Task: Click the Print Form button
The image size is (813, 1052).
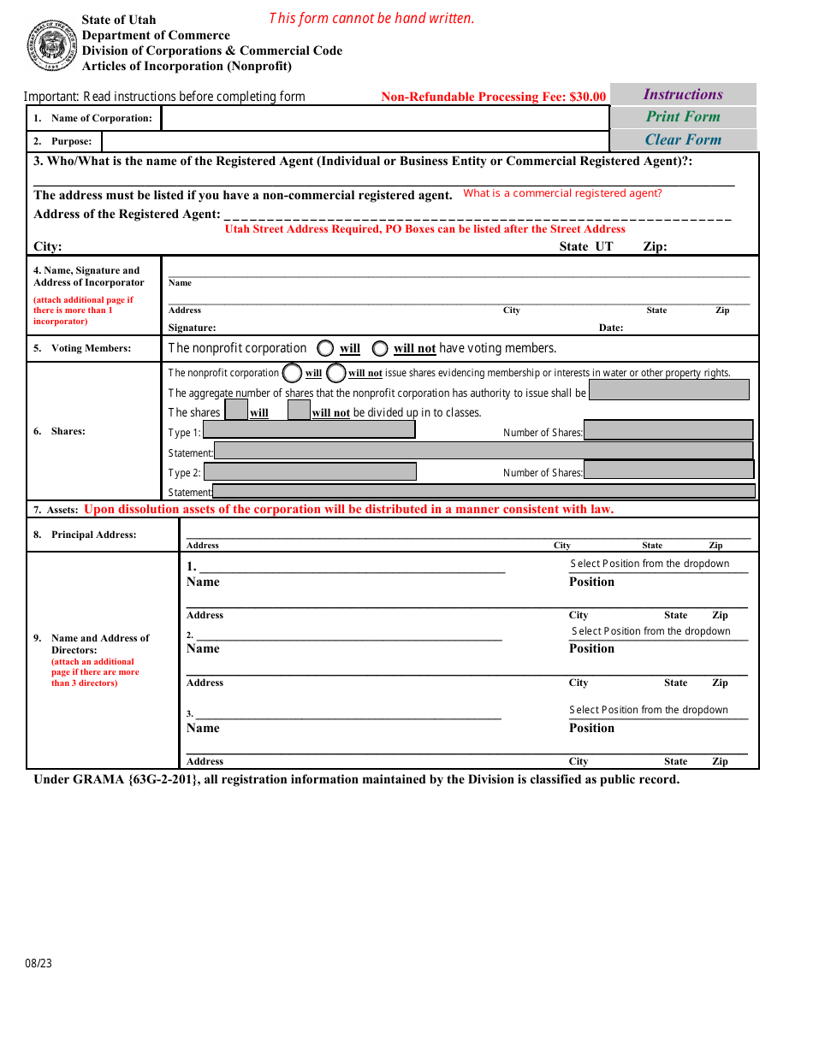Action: (683, 117)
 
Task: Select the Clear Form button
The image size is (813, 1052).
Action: (683, 140)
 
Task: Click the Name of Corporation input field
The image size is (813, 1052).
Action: (384, 118)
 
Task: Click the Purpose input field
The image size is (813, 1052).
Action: (354, 141)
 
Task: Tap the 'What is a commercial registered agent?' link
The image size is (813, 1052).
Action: (562, 193)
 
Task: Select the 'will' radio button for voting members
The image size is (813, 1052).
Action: (325, 348)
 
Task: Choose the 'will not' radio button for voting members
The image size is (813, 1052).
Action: (379, 348)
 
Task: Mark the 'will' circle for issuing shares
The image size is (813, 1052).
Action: (292, 373)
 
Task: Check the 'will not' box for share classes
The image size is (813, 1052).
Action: (299, 411)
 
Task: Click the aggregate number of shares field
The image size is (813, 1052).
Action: (668, 391)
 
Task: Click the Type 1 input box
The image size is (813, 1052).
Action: (309, 430)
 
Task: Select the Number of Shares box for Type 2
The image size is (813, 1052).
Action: (668, 470)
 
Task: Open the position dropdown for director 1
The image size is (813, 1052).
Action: (658, 564)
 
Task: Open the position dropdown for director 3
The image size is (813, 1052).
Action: (658, 711)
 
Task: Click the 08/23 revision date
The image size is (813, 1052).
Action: (39, 963)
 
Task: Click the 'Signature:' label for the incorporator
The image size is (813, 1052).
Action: (192, 328)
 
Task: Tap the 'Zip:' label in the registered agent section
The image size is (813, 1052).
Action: (655, 246)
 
